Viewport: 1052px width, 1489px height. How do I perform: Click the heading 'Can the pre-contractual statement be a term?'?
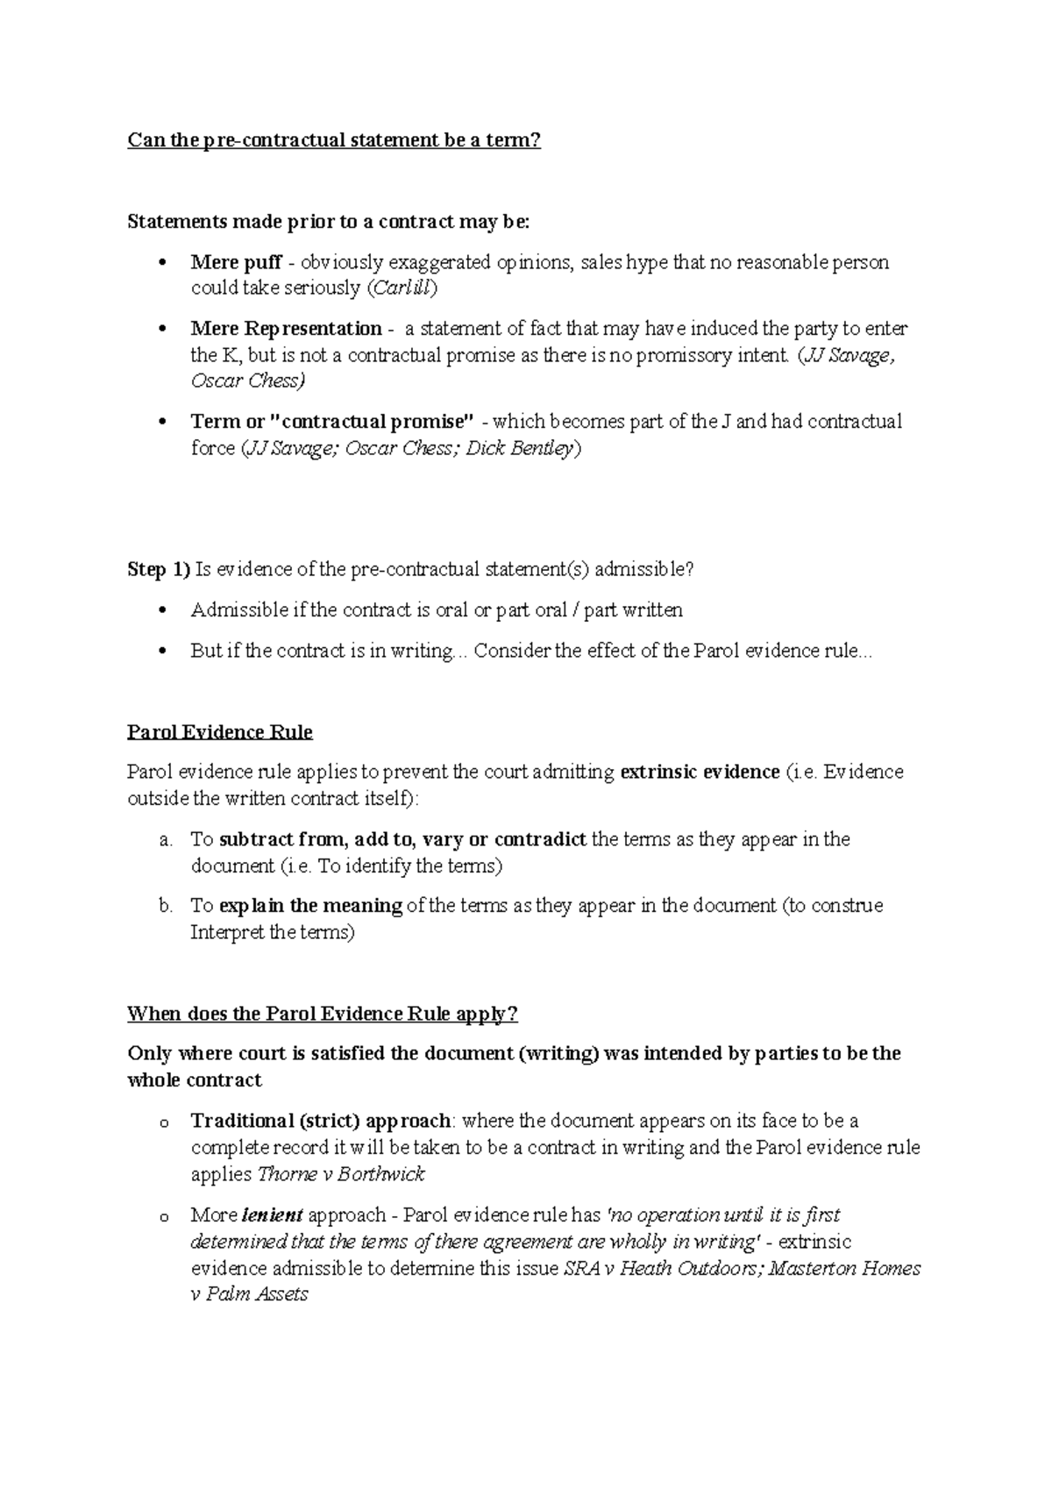point(334,140)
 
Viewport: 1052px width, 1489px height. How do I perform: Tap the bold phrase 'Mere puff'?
point(236,262)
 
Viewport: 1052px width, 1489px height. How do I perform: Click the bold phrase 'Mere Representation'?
point(286,329)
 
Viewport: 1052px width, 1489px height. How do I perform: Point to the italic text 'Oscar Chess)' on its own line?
point(248,381)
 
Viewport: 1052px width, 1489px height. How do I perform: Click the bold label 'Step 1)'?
point(159,570)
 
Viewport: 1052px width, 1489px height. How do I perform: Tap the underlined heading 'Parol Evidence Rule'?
point(220,732)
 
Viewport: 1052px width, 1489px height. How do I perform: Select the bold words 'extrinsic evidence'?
point(700,773)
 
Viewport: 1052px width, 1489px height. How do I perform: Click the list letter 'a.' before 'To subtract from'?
point(167,840)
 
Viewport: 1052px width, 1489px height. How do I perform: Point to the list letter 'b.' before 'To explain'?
point(167,906)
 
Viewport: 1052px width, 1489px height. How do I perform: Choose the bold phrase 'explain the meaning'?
point(310,906)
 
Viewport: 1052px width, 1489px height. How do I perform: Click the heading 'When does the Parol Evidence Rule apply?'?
point(323,1015)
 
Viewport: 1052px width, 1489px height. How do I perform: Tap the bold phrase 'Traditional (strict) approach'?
point(321,1122)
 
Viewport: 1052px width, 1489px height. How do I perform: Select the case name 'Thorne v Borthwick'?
point(342,1175)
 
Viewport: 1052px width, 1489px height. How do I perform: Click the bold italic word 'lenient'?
point(273,1215)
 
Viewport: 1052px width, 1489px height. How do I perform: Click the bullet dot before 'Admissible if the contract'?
point(160,611)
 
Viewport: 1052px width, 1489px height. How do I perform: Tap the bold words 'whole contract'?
point(195,1080)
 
